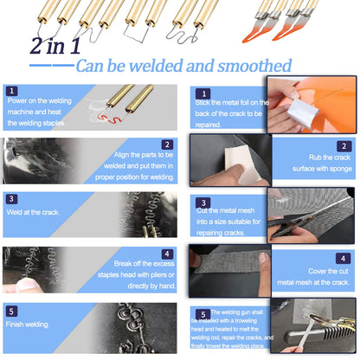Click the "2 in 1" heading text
(55, 46)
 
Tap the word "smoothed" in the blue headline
(254, 66)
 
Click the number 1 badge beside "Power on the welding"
(11, 91)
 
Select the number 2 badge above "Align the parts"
(167, 145)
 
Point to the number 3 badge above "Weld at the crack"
(11, 199)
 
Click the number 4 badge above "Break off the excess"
(167, 254)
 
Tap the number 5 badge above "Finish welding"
(11, 312)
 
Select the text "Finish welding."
(28, 325)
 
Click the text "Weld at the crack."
(33, 212)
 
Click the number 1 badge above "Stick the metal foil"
(203, 93)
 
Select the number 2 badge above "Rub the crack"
(344, 146)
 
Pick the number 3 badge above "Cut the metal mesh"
(203, 202)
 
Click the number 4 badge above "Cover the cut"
(344, 259)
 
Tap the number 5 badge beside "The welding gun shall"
(203, 314)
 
